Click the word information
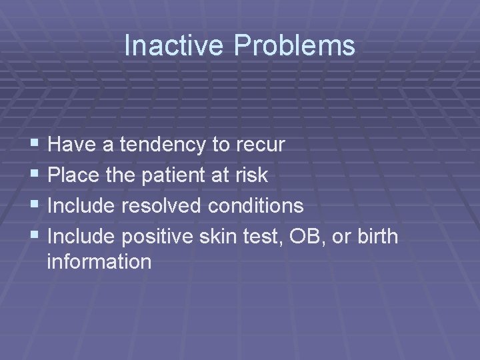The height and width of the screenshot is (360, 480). [99, 262]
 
